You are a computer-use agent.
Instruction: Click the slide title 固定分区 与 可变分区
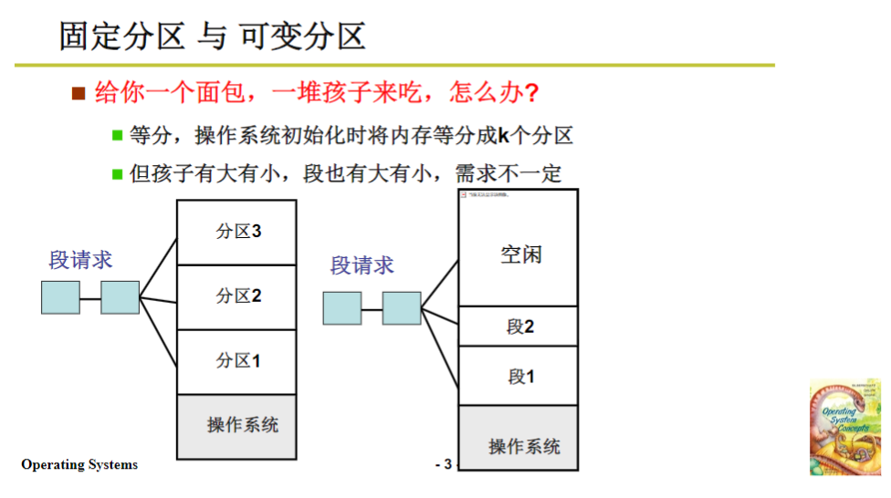[x=212, y=36]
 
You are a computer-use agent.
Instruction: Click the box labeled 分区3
[x=236, y=232]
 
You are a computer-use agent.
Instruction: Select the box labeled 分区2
[x=236, y=296]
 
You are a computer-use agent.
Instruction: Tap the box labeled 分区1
[x=236, y=361]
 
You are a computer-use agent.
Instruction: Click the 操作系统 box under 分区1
[x=236, y=426]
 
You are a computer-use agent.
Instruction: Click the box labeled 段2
[x=519, y=326]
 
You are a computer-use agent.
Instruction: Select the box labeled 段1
[x=519, y=376]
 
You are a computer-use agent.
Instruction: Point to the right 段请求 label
[x=362, y=265]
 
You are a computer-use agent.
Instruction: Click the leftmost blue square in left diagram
[x=60, y=297]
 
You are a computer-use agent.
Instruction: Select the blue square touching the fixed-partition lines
[x=120, y=297]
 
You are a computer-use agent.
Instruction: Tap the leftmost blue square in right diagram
[x=341, y=308]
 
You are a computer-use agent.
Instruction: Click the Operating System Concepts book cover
[x=844, y=427]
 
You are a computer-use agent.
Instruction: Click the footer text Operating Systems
[x=79, y=465]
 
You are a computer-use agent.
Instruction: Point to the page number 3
[x=446, y=465]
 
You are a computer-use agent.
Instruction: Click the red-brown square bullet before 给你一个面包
[x=79, y=93]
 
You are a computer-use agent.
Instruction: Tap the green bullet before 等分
[x=117, y=136]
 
